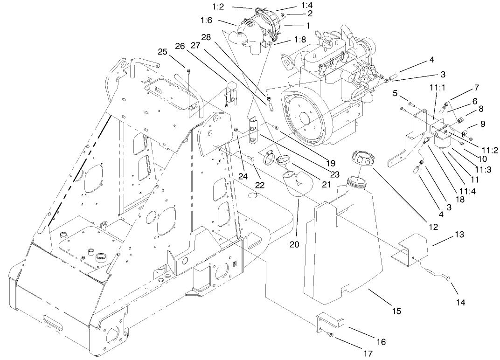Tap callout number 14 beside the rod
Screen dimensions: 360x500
(x=460, y=302)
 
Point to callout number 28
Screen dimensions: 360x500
(x=207, y=36)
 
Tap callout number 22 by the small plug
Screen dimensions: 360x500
(x=259, y=185)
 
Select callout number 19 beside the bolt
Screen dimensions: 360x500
(x=331, y=163)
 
